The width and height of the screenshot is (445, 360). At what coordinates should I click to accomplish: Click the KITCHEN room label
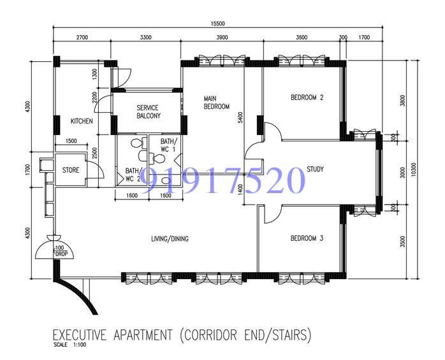(x=82, y=120)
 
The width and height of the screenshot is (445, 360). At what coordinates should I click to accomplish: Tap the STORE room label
(x=70, y=170)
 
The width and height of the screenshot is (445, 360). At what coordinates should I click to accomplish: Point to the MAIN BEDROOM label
(x=216, y=103)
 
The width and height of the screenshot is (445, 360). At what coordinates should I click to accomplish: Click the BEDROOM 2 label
(x=307, y=97)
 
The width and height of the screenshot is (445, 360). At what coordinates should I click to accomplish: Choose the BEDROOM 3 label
(x=307, y=238)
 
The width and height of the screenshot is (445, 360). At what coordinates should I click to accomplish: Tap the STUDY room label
(x=315, y=169)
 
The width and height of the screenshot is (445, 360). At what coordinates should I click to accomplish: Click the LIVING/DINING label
(x=170, y=239)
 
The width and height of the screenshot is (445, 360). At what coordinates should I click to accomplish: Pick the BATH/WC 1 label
(x=168, y=145)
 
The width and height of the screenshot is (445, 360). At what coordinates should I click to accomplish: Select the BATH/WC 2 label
(x=133, y=175)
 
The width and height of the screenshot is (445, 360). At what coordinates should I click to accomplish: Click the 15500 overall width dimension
(x=217, y=24)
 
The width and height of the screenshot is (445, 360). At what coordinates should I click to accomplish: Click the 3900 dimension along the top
(x=222, y=38)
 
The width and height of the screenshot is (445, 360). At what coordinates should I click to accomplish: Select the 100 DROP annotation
(x=61, y=250)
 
